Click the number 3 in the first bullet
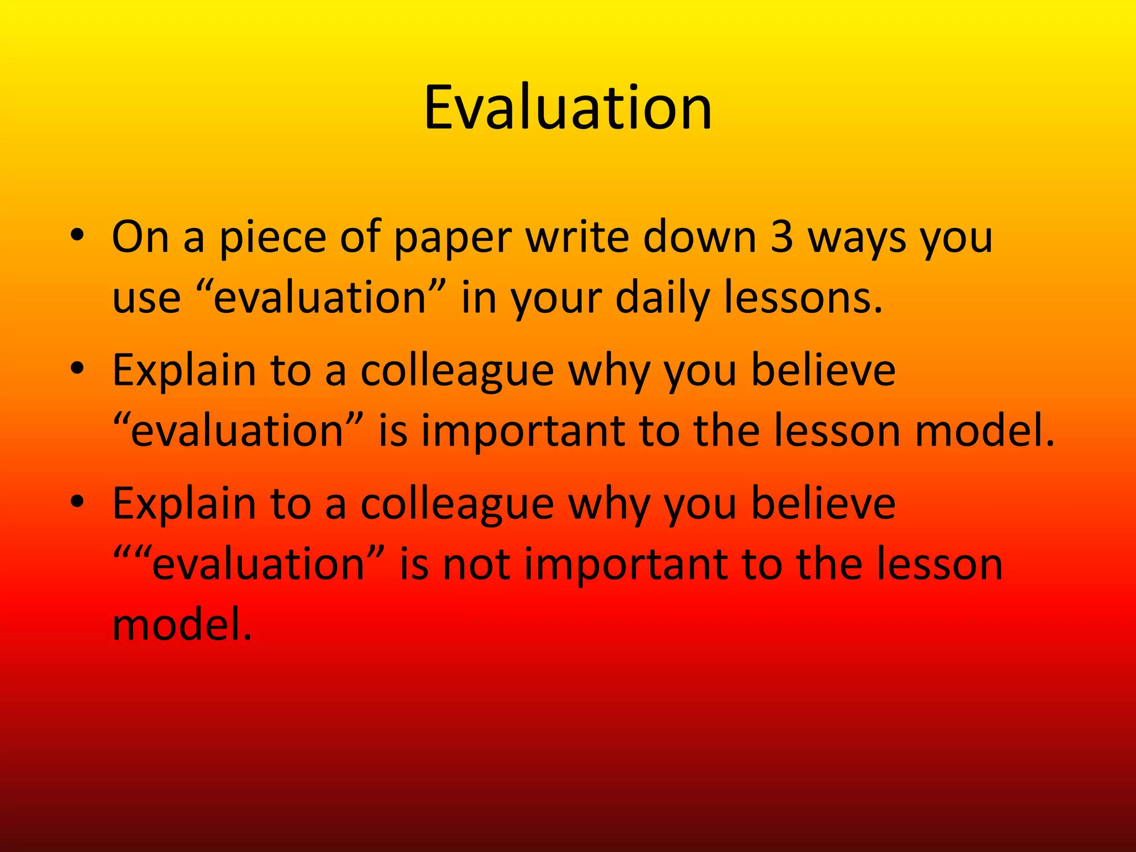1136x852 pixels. point(782,237)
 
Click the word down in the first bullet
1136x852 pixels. point(700,237)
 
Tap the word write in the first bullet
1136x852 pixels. point(577,237)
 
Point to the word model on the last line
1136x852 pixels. point(182,624)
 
